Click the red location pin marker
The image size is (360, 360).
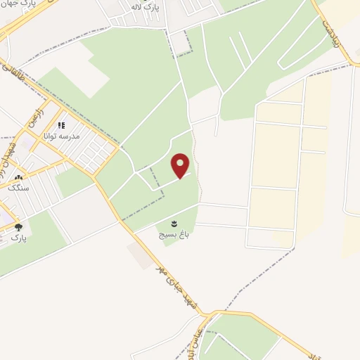pyautogui.click(x=181, y=166)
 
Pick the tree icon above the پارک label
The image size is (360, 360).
pyautogui.click(x=18, y=227)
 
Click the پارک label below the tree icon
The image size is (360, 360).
pyautogui.click(x=18, y=238)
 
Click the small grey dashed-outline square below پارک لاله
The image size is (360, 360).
pyautogui.click(x=181, y=44)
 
